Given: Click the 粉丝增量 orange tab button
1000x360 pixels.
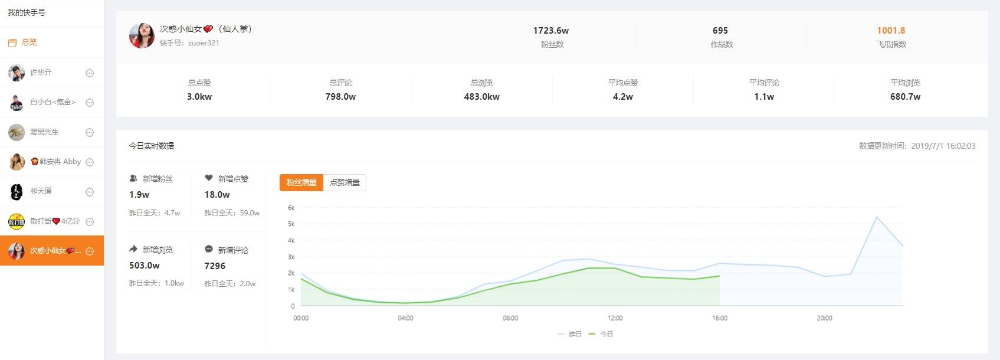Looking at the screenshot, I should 301,182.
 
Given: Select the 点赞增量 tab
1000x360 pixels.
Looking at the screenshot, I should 345,182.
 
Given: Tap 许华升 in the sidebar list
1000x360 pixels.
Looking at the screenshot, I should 41,73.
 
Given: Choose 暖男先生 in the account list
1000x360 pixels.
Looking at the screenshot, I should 44,132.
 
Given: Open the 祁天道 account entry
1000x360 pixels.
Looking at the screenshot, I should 41,191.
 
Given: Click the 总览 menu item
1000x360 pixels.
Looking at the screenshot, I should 29,42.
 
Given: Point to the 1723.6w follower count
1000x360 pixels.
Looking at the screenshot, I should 550,31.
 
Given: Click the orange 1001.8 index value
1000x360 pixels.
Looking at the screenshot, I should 891,31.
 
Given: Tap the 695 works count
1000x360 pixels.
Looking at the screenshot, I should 720,31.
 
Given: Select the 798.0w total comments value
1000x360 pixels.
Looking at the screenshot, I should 340,97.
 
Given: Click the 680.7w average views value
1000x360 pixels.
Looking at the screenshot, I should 905,97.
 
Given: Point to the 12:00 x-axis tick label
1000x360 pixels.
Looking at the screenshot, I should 615,318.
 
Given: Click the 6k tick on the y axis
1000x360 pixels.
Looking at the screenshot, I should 291,208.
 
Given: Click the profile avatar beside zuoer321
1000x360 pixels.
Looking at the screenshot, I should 142,35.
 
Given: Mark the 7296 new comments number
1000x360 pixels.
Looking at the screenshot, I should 215,266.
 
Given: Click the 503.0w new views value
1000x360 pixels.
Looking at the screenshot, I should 145,266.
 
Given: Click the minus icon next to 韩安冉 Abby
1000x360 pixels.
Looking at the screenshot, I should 90,162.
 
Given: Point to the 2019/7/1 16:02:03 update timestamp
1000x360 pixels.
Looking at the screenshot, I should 943,146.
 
